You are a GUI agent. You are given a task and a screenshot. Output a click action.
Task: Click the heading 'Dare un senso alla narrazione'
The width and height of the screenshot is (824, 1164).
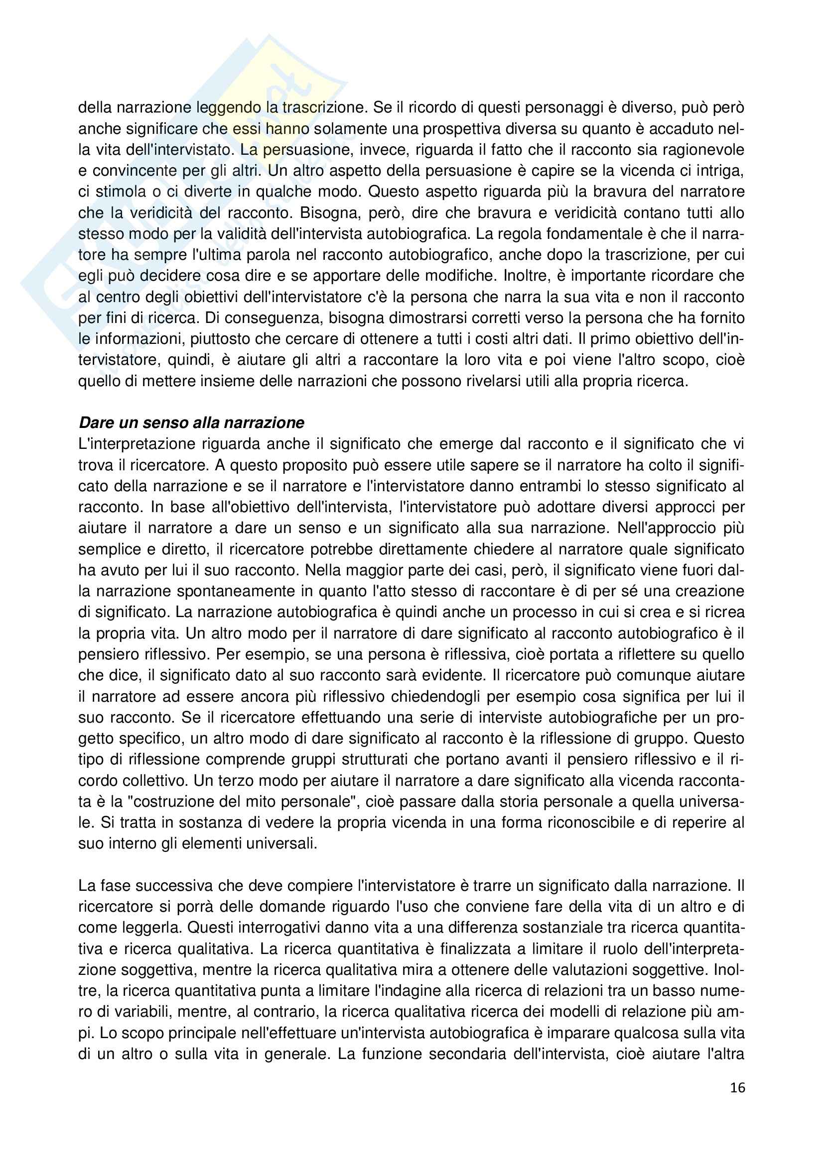pyautogui.click(x=191, y=423)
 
